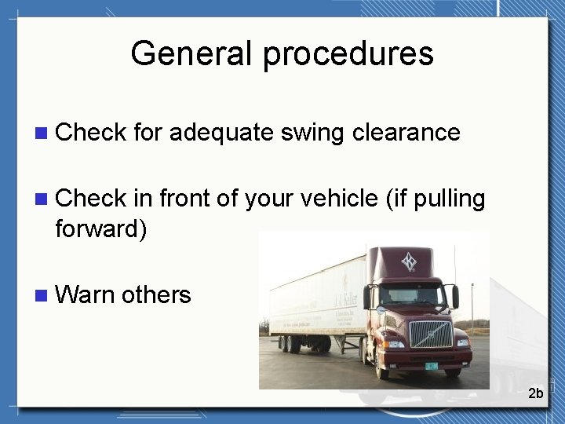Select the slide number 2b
point(535,393)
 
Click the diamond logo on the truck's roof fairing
point(409,261)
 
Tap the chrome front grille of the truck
point(431,333)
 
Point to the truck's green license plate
point(432,365)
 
